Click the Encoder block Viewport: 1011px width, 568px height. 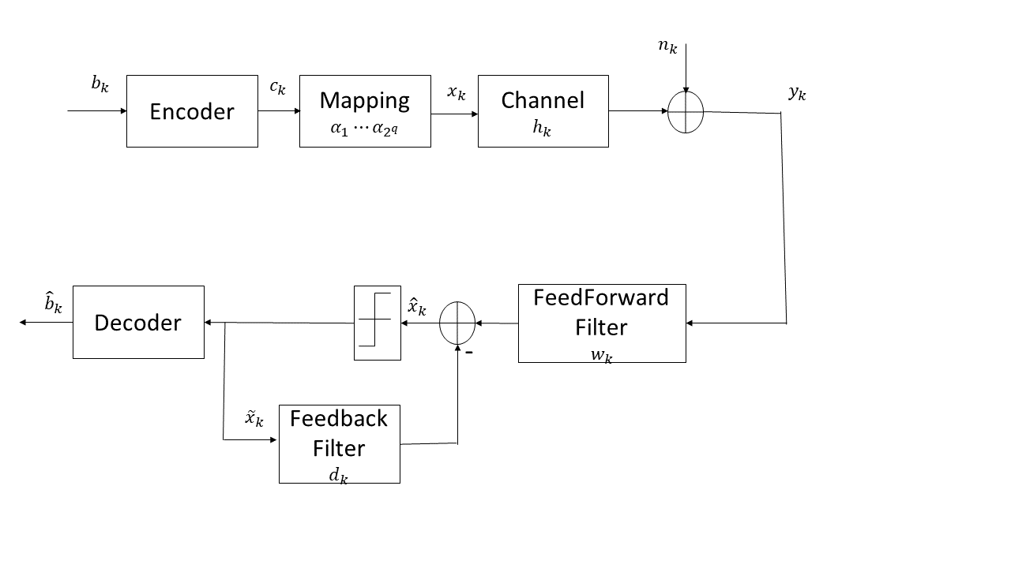(192, 111)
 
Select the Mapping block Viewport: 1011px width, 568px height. (365, 111)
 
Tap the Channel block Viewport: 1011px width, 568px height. (543, 111)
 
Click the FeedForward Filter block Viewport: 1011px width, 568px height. (602, 323)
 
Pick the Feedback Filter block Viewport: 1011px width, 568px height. (339, 443)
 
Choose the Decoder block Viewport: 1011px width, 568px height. (138, 323)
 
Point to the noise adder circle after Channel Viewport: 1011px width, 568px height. (686, 112)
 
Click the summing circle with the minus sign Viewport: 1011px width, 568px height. (457, 323)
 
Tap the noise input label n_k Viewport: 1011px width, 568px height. (667, 46)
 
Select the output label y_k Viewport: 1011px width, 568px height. (797, 93)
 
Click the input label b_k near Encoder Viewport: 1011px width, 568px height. (100, 84)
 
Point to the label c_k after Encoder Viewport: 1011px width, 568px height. (277, 88)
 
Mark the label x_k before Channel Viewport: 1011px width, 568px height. (457, 93)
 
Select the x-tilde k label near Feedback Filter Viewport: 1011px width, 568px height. (254, 418)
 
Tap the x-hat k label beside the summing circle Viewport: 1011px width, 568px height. (416, 306)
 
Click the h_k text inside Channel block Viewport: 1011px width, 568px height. (542, 130)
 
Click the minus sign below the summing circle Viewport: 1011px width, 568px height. (469, 353)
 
